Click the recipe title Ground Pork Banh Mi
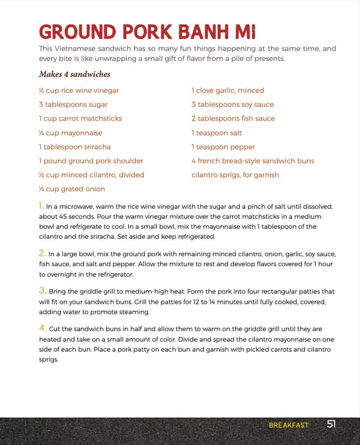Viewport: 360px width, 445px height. pyautogui.click(x=147, y=32)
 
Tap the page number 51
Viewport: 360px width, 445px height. pyautogui.click(x=331, y=424)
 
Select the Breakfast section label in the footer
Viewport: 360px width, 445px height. pyautogui.click(x=288, y=425)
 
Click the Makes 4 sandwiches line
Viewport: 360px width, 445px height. pyautogui.click(x=74, y=74)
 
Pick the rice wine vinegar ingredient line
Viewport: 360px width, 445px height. pyautogui.click(x=79, y=91)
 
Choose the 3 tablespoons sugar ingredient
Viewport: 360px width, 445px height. pyautogui.click(x=73, y=104)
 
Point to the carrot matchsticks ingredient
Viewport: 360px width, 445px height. pyautogui.click(x=80, y=118)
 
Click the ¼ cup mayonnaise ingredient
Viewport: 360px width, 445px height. pyautogui.click(x=70, y=133)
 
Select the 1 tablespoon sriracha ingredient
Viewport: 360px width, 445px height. pyautogui.click(x=74, y=147)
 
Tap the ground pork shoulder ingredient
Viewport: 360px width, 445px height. pyautogui.click(x=91, y=161)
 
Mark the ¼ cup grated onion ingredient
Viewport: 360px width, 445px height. pyautogui.click(x=72, y=189)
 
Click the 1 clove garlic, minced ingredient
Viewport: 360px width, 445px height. pyautogui.click(x=228, y=91)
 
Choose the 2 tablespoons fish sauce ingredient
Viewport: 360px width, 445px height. pyautogui.click(x=233, y=118)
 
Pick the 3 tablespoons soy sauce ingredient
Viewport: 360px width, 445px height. pyautogui.click(x=232, y=104)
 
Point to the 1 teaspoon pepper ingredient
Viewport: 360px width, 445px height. pyautogui.click(x=223, y=147)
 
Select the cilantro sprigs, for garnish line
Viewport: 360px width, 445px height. pyautogui.click(x=235, y=175)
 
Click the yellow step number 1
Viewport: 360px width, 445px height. pyautogui.click(x=41, y=206)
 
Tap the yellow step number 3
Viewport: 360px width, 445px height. pyautogui.click(x=42, y=291)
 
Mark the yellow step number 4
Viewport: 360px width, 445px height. pyautogui.click(x=42, y=328)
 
